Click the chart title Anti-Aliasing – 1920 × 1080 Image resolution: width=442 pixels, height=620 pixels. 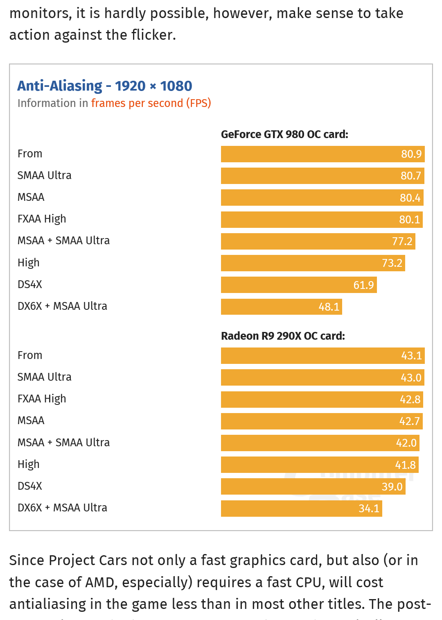[x=105, y=86]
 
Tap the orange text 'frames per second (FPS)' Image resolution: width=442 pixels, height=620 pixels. [x=151, y=103]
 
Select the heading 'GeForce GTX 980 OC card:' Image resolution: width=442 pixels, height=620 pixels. [x=284, y=134]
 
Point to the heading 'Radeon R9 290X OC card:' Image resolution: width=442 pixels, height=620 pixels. [x=283, y=336]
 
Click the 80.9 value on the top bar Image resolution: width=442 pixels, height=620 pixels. [x=411, y=154]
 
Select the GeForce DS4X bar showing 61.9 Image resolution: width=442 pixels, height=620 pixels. [x=299, y=285]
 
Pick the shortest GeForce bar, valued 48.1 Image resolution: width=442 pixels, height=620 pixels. [x=281, y=307]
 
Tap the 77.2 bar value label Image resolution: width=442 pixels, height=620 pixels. [x=402, y=241]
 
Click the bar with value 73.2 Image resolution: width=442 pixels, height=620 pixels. [x=313, y=263]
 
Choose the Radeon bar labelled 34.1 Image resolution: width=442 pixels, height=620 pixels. [x=301, y=509]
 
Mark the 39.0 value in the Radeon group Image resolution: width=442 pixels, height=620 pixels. [x=392, y=487]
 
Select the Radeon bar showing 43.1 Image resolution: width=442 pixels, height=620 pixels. [x=322, y=356]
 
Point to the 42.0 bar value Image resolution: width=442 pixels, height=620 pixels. [x=406, y=443]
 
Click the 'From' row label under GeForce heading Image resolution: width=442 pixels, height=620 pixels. [x=30, y=154]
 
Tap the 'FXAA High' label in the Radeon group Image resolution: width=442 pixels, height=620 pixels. [x=42, y=399]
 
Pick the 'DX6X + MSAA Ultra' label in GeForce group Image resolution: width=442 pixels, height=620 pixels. [x=62, y=306]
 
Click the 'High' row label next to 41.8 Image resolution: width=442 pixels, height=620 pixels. [x=29, y=464]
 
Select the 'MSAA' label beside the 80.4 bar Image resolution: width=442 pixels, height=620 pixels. [x=31, y=197]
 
